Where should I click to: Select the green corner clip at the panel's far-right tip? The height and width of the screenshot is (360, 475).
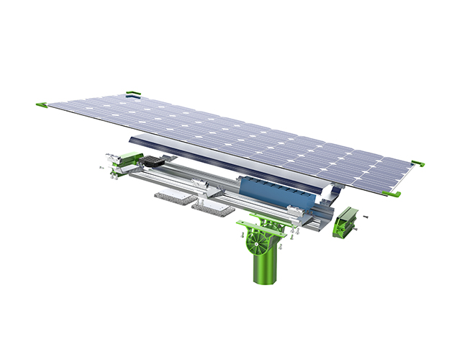click(x=417, y=163)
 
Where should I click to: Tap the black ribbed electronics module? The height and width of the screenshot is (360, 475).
click(x=155, y=163)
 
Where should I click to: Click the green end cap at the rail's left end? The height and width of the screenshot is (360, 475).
click(x=127, y=159)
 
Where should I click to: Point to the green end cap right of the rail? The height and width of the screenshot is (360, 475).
click(x=346, y=220)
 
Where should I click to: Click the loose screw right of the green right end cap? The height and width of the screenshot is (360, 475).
click(x=366, y=214)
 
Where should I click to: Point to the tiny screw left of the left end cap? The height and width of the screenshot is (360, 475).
click(x=101, y=167)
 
